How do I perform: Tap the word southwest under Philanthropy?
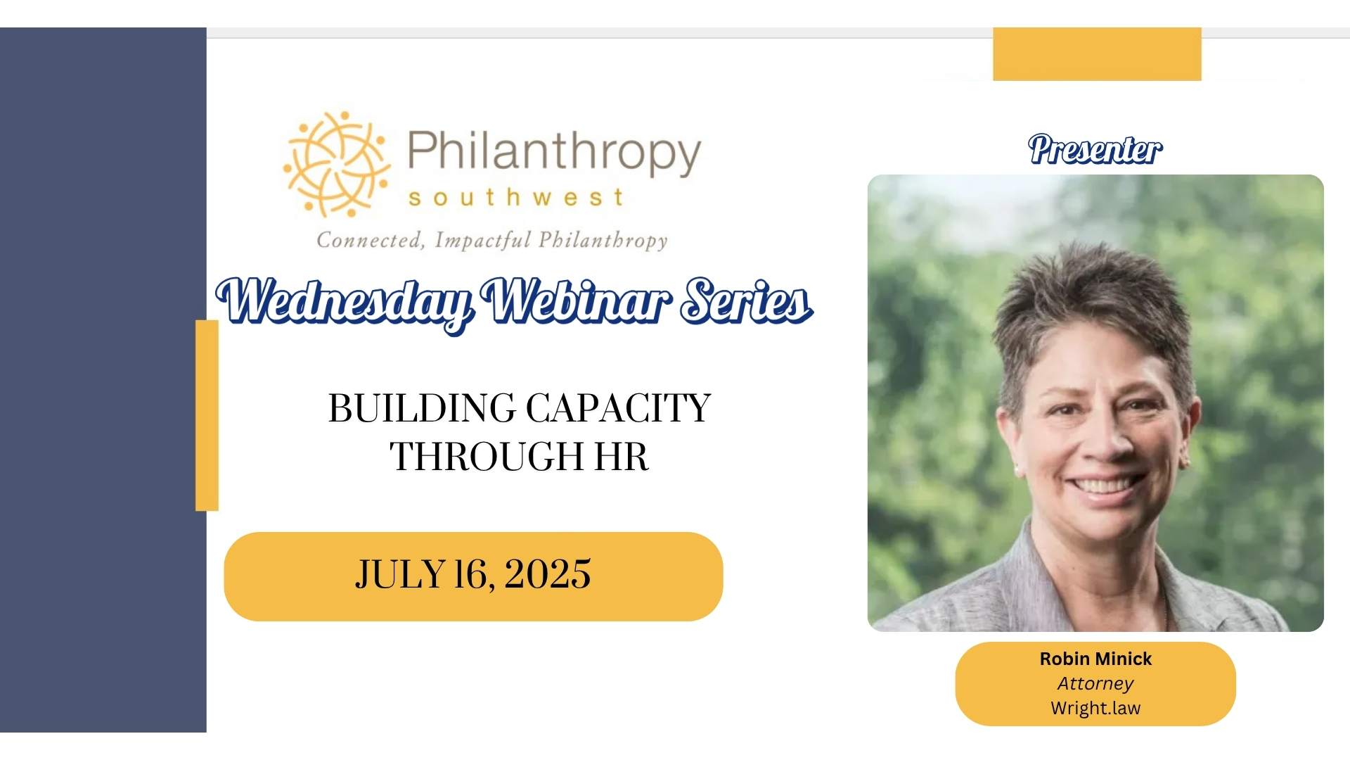(516, 198)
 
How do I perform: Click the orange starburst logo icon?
(337, 164)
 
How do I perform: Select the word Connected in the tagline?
(371, 240)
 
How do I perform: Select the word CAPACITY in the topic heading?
(619, 408)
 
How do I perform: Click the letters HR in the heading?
(622, 457)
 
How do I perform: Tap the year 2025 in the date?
(547, 574)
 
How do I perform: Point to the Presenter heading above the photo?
(1095, 149)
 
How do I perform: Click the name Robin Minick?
(1095, 659)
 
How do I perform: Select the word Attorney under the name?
(1095, 683)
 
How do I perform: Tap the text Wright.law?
(1095, 708)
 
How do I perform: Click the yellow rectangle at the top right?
(1097, 54)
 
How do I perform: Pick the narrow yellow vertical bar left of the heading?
(207, 415)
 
